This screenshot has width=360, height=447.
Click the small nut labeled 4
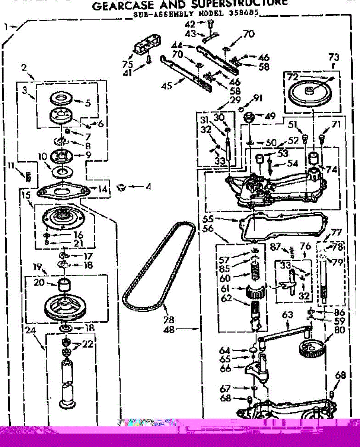click(x=120, y=187)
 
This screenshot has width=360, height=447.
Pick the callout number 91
click(x=258, y=98)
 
